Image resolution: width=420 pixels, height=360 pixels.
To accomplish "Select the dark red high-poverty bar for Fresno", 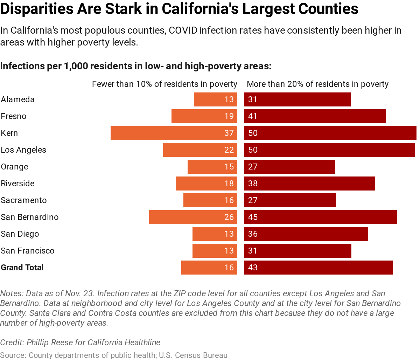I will click(315, 116).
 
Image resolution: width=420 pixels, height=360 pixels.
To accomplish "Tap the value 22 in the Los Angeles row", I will click(229, 150).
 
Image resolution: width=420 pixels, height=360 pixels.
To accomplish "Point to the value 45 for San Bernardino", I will click(253, 217).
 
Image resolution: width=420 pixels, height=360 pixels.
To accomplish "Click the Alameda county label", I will click(18, 99).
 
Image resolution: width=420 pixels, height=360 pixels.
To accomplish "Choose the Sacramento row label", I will click(24, 200).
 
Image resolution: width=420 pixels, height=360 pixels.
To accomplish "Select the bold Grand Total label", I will click(22, 268).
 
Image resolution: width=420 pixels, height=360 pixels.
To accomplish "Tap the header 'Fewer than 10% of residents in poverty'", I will click(164, 84).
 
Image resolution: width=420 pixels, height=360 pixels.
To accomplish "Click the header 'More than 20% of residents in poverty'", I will click(317, 84).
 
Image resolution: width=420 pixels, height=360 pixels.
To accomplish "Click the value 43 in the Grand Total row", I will click(253, 268).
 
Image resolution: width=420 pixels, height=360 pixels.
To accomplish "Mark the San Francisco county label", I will click(28, 251).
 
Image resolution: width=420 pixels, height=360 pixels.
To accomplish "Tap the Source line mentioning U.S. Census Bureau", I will click(114, 355).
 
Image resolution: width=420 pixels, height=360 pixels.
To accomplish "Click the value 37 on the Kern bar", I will click(229, 133).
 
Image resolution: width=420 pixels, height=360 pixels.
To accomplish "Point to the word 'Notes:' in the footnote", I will click(12, 293).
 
